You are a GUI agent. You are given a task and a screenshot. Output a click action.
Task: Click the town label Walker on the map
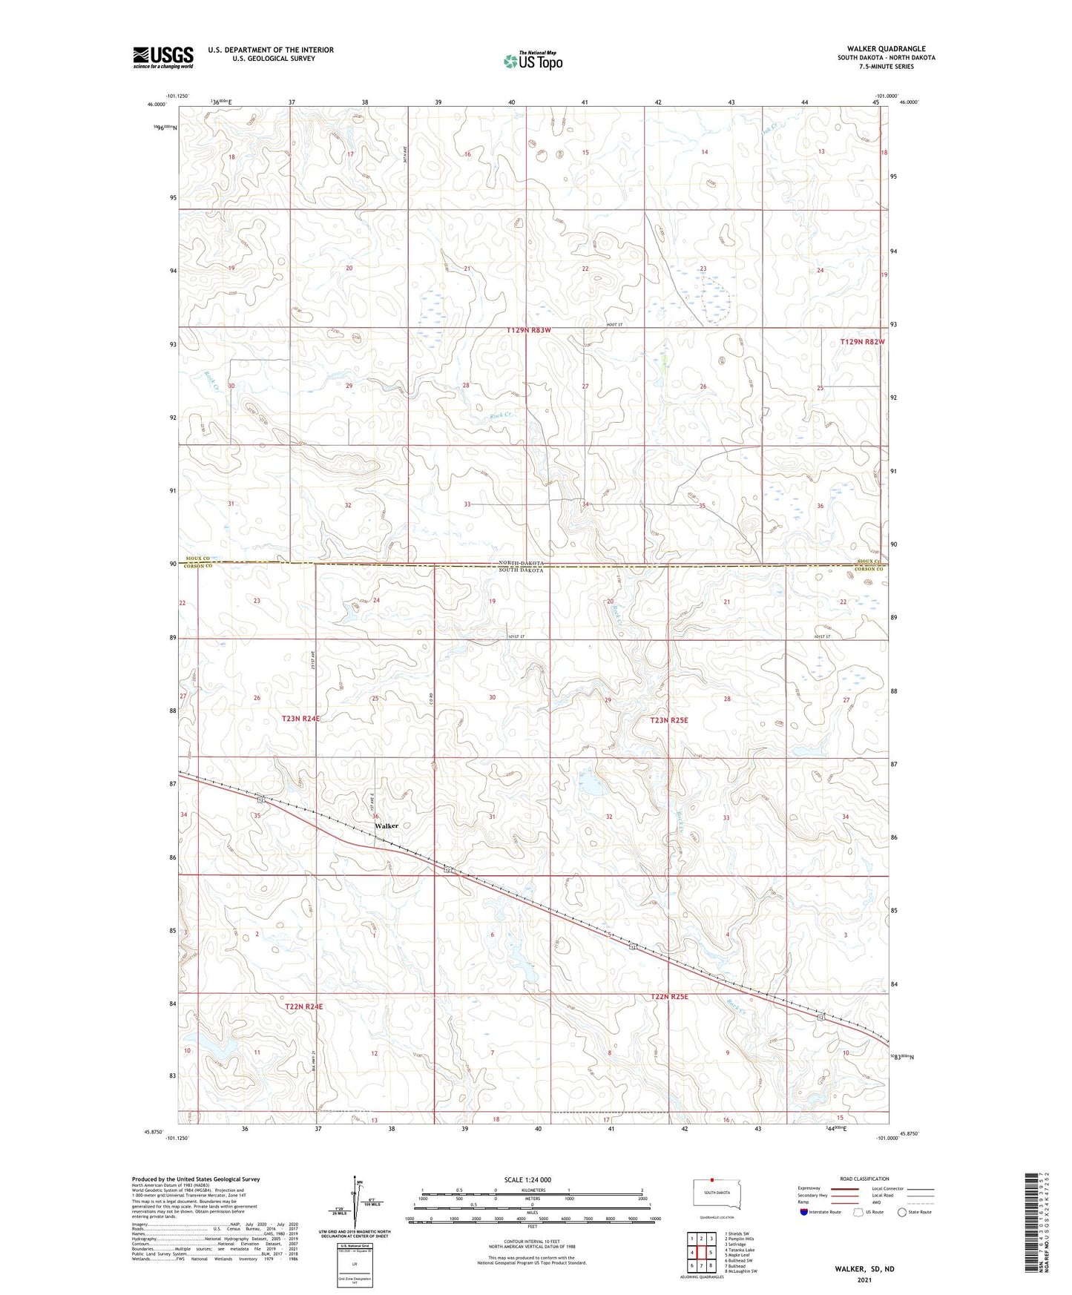tap(386, 826)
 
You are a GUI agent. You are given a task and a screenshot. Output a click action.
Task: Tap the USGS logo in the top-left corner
tap(162, 57)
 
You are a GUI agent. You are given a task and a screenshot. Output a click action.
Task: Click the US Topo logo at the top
tap(533, 61)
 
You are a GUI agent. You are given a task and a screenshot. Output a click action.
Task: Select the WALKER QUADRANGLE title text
tap(885, 49)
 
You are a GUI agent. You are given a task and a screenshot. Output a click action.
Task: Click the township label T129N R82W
tap(862, 342)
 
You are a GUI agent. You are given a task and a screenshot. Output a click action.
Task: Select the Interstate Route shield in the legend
tap(805, 1212)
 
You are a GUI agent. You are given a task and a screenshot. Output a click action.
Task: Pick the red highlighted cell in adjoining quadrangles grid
tap(700, 1252)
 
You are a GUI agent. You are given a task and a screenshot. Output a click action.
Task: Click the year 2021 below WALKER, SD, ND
tap(864, 1279)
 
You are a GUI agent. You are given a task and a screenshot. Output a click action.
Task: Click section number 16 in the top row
tap(467, 154)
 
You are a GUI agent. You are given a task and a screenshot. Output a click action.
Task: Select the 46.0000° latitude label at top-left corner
tap(157, 105)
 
